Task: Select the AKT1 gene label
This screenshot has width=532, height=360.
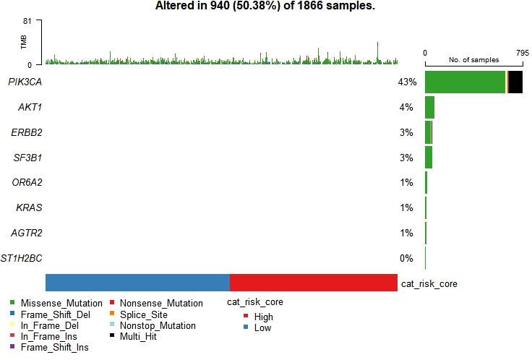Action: [x=30, y=108]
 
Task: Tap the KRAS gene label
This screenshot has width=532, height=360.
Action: [x=29, y=208]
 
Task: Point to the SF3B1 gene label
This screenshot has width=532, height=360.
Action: [x=27, y=158]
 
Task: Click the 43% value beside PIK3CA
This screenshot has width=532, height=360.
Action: [x=407, y=82]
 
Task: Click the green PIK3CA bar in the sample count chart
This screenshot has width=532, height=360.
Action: [x=465, y=82]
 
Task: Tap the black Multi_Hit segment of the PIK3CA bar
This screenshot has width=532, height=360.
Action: [x=516, y=82]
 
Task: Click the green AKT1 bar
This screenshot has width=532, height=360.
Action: [x=429, y=108]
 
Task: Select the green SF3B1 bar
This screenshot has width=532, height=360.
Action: [x=429, y=158]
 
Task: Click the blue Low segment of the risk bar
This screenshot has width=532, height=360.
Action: [x=137, y=283]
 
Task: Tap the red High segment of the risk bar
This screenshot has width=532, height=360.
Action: [x=313, y=283]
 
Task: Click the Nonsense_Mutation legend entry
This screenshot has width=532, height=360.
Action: [x=161, y=304]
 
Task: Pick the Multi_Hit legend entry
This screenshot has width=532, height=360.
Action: [x=139, y=337]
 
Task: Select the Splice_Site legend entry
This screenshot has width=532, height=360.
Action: [x=143, y=314]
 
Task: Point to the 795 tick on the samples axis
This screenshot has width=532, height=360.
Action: [x=523, y=53]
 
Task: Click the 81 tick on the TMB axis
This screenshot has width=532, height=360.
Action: [x=29, y=21]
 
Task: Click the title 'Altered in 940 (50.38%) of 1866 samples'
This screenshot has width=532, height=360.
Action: [x=265, y=7]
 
